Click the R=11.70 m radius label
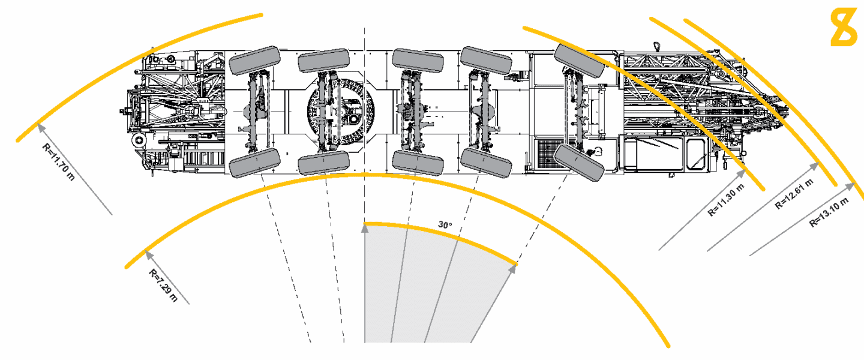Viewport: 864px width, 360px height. tap(58, 160)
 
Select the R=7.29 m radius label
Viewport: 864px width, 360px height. tap(163, 285)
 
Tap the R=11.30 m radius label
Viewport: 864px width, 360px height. tap(725, 199)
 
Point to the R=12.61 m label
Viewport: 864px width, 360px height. tap(794, 193)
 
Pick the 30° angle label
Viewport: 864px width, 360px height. tap(444, 225)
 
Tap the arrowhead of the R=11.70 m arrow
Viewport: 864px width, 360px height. tap(40, 125)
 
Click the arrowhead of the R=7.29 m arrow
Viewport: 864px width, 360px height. tap(146, 251)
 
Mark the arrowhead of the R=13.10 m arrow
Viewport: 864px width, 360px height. tap(850, 185)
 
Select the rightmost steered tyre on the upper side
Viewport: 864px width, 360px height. tap(580, 60)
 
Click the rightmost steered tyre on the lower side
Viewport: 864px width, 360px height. tap(578, 163)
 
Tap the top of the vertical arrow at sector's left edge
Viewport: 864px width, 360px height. tap(365, 227)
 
